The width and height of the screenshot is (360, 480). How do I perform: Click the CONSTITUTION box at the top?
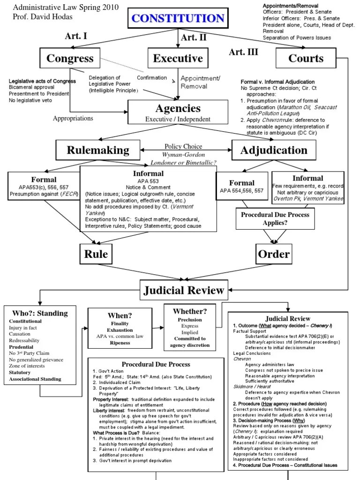tap(178, 19)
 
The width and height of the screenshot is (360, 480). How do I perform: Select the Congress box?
tap(70, 59)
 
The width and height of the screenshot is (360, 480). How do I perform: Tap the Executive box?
tap(178, 59)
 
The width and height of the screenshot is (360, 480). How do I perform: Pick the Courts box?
tap(306, 59)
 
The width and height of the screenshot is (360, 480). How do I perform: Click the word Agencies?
tap(178, 108)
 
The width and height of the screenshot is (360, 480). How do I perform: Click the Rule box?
tap(96, 254)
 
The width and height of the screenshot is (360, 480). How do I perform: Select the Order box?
tap(274, 254)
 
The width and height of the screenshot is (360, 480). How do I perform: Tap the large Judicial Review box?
tap(184, 290)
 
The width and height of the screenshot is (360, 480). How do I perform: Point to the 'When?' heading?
tap(120, 315)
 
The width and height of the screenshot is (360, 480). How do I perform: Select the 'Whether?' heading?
tap(190, 311)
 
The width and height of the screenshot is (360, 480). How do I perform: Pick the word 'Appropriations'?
tap(73, 118)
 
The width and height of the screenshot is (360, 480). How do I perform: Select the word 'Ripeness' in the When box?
tap(120, 343)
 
